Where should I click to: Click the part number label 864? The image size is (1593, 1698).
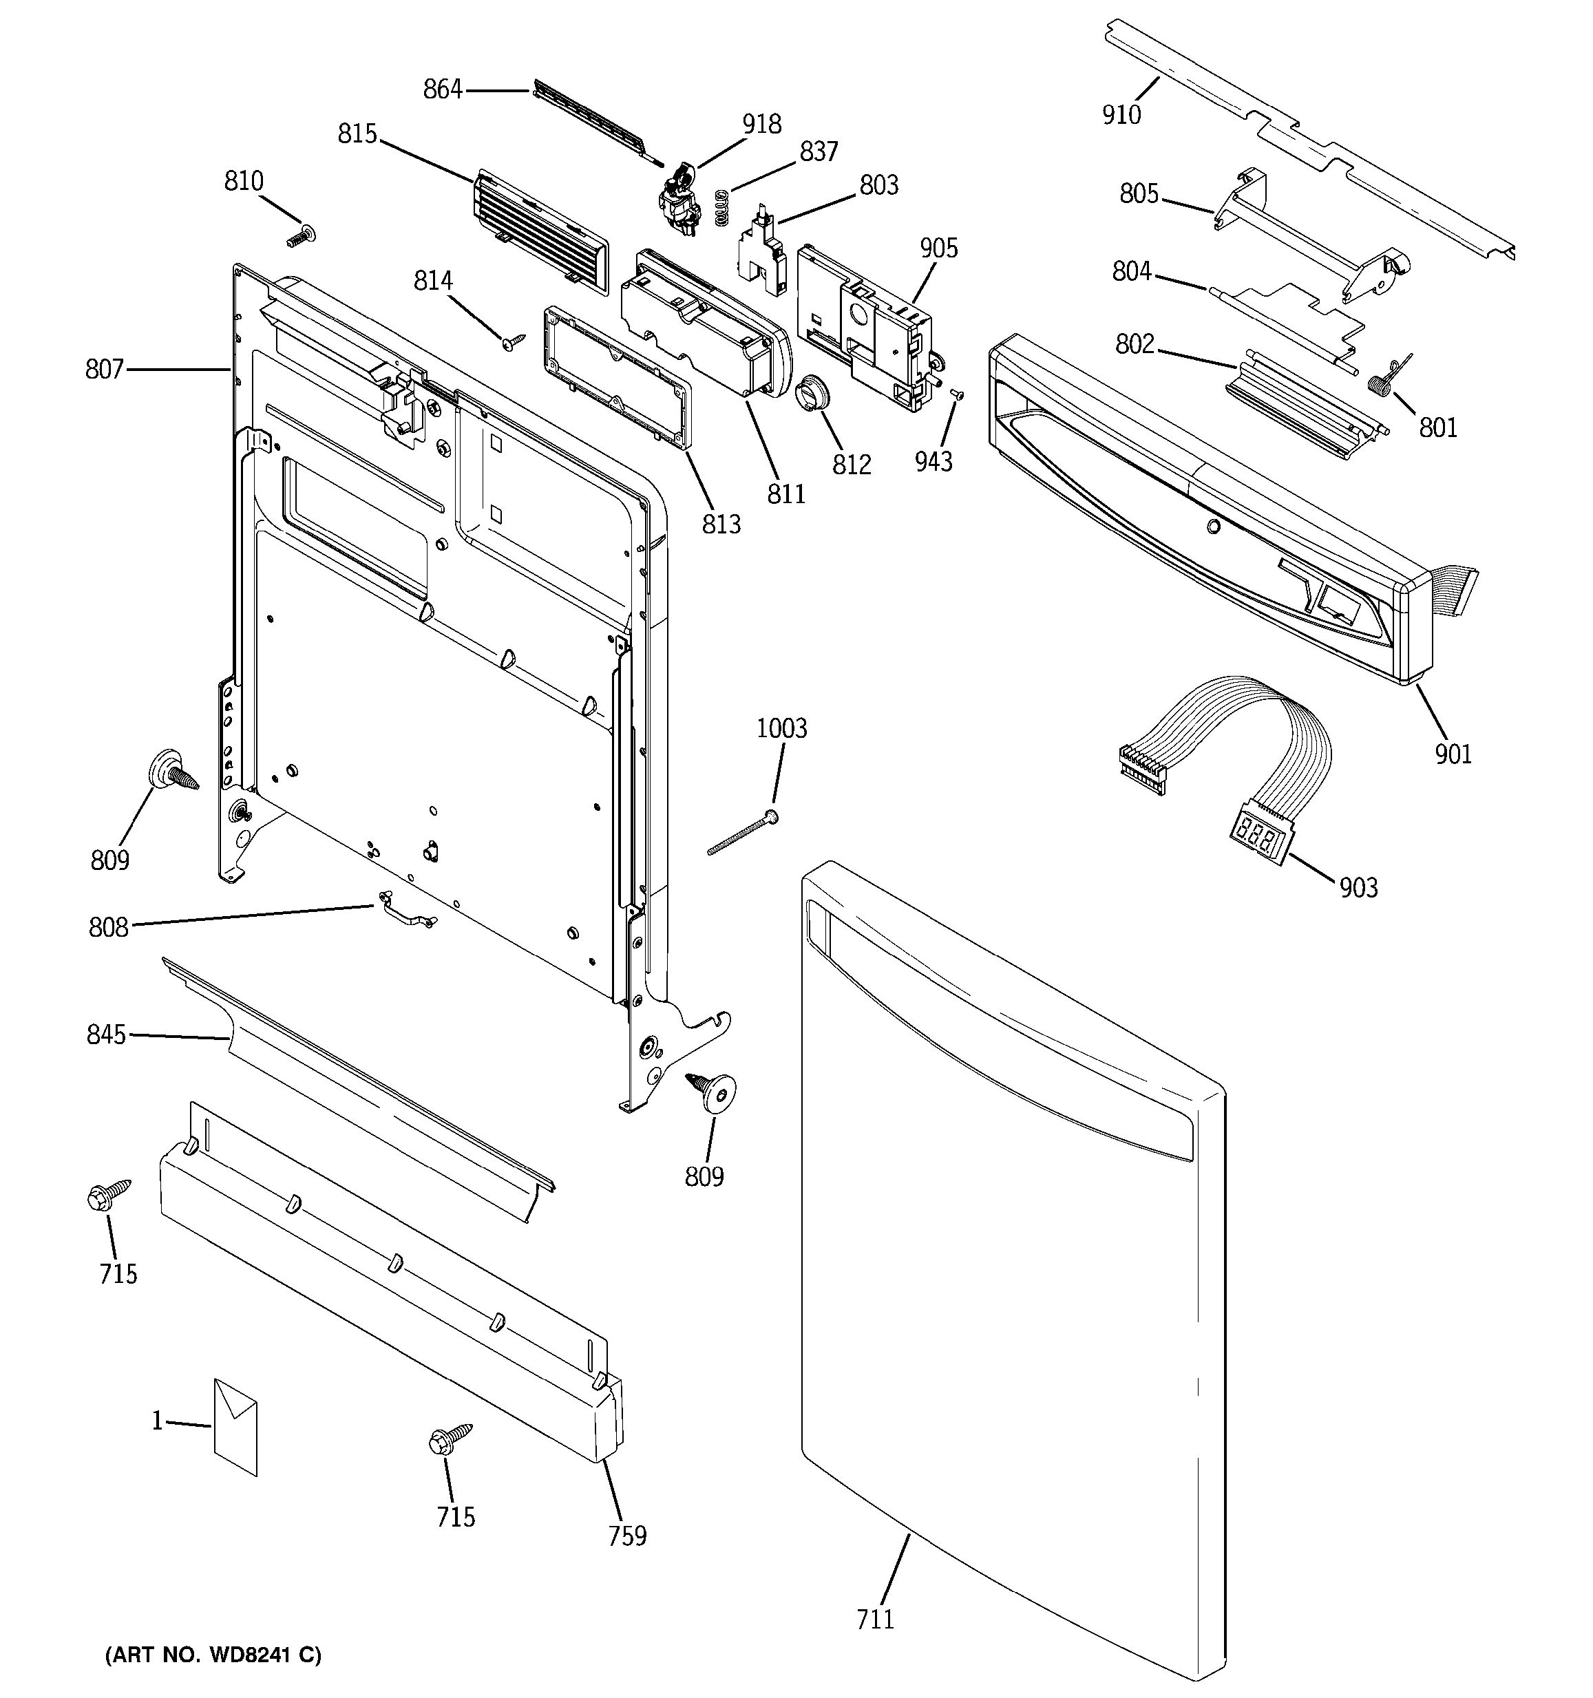click(443, 89)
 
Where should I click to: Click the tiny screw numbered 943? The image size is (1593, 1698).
click(956, 394)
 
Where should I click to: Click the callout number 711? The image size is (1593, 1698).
click(876, 1619)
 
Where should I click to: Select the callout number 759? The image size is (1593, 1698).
click(627, 1536)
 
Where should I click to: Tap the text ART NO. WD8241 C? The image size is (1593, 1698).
click(213, 1655)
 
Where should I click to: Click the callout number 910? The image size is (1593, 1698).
click(1121, 114)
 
